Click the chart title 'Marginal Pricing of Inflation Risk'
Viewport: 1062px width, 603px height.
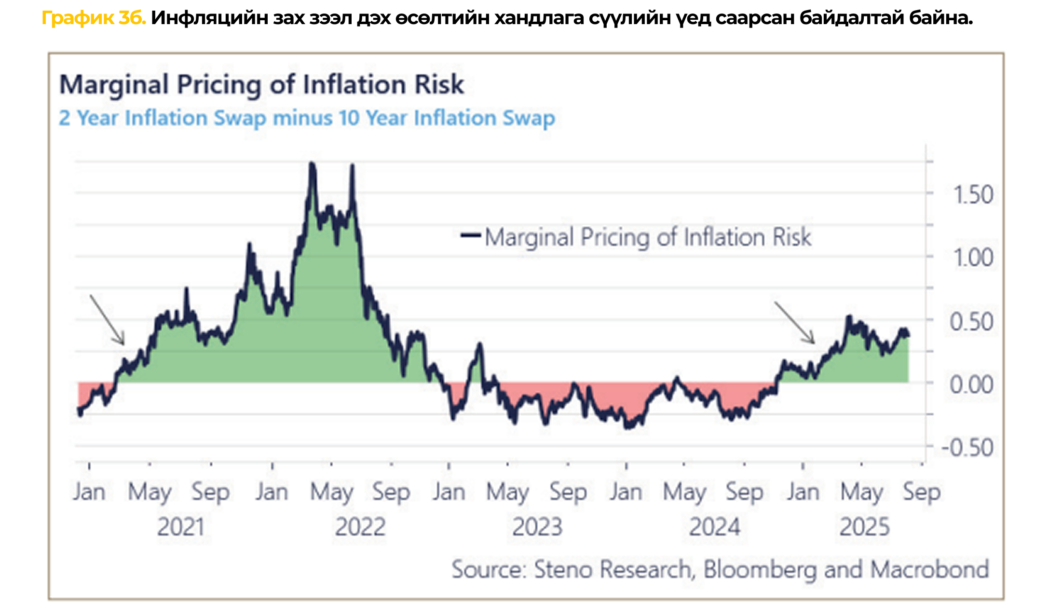(x=261, y=85)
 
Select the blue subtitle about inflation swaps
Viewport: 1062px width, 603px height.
(x=307, y=118)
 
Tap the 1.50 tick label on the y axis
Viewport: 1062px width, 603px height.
(x=973, y=195)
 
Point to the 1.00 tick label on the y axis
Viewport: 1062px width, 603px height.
(x=973, y=258)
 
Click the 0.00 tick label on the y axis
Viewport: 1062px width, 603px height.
(x=971, y=385)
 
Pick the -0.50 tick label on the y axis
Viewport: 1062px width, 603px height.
(x=967, y=448)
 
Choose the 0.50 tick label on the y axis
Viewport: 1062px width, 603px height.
(x=971, y=322)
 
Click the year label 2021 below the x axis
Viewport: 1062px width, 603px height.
(x=181, y=527)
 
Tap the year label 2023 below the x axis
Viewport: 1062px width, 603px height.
(x=537, y=527)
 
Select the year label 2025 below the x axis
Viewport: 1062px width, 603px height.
(x=864, y=527)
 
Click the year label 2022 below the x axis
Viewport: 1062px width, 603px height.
(x=360, y=527)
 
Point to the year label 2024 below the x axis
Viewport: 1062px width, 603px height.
(x=714, y=527)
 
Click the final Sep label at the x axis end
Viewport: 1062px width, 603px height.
(x=921, y=492)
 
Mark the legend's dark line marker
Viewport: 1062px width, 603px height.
(x=471, y=235)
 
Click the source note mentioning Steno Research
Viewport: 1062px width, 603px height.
(x=720, y=569)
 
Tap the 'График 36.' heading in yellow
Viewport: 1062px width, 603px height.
(x=94, y=18)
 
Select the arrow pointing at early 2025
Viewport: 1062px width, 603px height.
(x=795, y=322)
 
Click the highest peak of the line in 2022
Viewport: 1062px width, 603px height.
(x=312, y=164)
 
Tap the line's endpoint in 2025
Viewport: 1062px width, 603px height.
(x=908, y=335)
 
